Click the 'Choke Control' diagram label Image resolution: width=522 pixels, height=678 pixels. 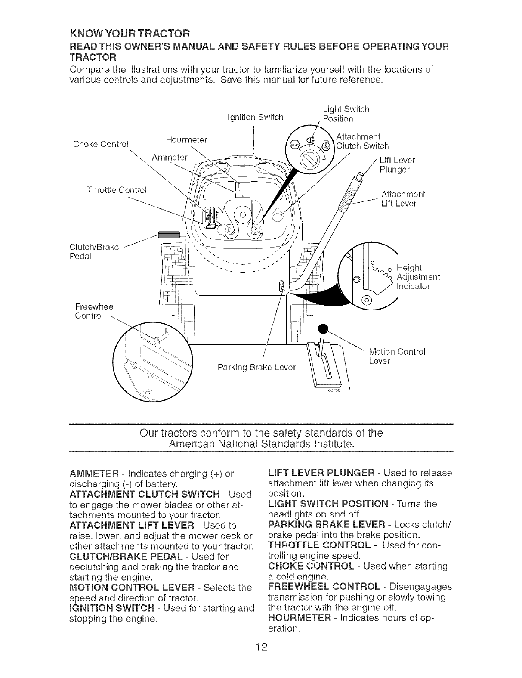pyautogui.click(x=100, y=144)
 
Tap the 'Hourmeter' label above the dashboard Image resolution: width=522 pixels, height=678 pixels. pyautogui.click(x=186, y=139)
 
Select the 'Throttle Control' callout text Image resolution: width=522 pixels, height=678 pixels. pyautogui.click(x=117, y=190)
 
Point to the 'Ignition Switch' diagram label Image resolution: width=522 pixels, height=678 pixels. pyautogui.click(x=256, y=118)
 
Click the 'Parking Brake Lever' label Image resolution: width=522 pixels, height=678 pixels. pyautogui.click(x=256, y=368)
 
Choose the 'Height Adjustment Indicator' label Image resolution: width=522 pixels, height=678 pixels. pyautogui.click(x=418, y=277)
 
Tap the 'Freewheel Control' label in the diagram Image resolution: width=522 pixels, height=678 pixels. pyautogui.click(x=95, y=311)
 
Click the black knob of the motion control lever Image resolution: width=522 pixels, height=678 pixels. pyautogui.click(x=323, y=328)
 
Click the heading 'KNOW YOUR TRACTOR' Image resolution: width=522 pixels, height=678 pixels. pyautogui.click(x=130, y=33)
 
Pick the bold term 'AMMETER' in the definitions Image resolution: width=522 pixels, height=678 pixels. pyautogui.click(x=94, y=474)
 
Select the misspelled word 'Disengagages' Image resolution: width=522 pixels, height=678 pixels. pyautogui.click(x=421, y=587)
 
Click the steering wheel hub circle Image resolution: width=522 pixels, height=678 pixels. pyautogui.click(x=243, y=215)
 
